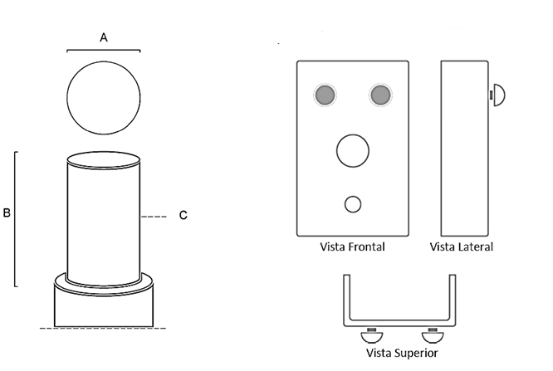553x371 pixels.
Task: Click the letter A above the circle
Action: [104, 37]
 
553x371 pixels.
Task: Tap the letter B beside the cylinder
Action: [7, 213]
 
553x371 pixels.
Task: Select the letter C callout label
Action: [183, 216]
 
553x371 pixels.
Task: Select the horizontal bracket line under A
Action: [104, 51]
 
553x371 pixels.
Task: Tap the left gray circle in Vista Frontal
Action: [325, 95]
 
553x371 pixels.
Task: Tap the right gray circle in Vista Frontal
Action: [381, 95]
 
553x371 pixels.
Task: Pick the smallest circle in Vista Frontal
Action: [353, 203]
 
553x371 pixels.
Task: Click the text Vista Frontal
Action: [353, 247]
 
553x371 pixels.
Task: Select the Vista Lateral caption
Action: [462, 247]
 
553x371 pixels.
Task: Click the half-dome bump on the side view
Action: [500, 95]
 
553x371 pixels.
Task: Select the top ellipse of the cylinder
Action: [104, 158]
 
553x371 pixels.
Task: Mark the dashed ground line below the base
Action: [104, 330]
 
